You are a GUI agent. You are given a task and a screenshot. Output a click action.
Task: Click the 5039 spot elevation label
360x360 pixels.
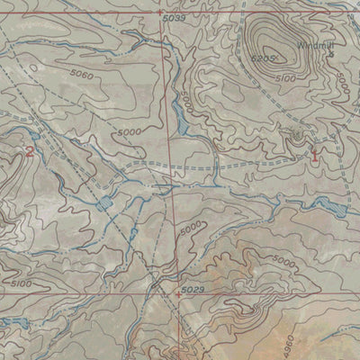[175, 18]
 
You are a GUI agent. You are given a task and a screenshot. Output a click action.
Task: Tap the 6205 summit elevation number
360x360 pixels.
[263, 58]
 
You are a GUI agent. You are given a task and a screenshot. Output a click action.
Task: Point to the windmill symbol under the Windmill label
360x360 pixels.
[332, 54]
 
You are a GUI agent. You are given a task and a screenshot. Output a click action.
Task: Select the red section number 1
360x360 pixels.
[314, 153]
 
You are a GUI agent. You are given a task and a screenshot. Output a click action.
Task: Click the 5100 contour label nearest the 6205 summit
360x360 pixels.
[285, 79]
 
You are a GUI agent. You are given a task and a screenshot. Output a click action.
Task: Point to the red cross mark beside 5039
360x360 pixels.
[159, 14]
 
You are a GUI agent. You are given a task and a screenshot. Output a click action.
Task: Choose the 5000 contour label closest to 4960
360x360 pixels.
[283, 262]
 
